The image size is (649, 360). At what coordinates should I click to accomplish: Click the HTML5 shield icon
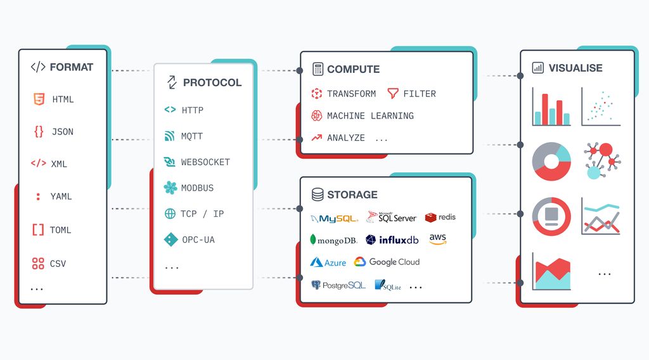[x=39, y=99]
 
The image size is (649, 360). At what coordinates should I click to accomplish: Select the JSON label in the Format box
[x=62, y=132]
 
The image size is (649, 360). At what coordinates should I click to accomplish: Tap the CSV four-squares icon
[x=38, y=264]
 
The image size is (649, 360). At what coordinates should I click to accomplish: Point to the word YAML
[x=61, y=196]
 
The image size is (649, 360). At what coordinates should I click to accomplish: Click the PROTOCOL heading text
[x=212, y=82]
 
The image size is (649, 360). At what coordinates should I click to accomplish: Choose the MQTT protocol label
[x=192, y=136]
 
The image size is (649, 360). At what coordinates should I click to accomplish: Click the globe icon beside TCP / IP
[x=170, y=214]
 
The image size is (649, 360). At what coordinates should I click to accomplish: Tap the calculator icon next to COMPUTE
[x=318, y=69]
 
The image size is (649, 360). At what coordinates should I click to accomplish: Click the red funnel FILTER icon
[x=392, y=93]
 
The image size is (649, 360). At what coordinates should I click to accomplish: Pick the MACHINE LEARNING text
[x=370, y=116]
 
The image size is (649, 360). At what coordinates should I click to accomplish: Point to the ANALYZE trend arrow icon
[x=317, y=138]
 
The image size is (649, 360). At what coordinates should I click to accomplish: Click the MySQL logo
[x=335, y=219]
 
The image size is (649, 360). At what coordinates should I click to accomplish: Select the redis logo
[x=440, y=217]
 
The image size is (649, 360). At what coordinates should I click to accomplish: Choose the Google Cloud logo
[x=387, y=262]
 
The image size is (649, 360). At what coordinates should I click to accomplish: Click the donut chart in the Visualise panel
[x=551, y=162]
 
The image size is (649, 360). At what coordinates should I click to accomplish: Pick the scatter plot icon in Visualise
[x=600, y=106]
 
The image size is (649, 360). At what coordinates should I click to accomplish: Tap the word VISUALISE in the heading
[x=575, y=68]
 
